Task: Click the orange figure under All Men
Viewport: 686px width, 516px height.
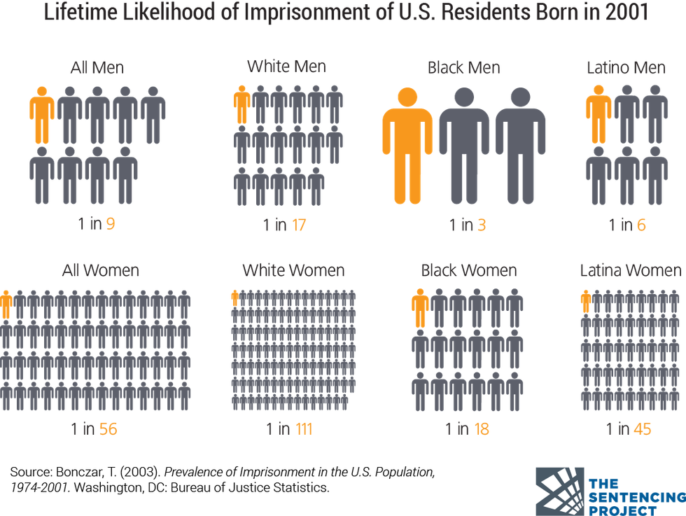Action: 42,114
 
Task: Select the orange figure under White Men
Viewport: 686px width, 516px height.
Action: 241,104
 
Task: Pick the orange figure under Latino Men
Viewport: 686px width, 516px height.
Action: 598,113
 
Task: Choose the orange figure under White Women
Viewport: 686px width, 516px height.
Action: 235,297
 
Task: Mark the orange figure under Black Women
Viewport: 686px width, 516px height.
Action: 420,309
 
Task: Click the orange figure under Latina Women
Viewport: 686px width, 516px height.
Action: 586,302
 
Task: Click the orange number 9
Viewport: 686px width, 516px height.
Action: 110,225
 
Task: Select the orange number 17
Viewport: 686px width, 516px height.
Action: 299,225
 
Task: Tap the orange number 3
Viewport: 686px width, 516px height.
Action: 482,225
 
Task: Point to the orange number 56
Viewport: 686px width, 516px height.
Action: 108,429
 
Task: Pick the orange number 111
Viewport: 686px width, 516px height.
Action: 303,429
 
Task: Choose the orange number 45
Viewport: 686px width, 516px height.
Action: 642,429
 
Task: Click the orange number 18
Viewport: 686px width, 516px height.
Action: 482,429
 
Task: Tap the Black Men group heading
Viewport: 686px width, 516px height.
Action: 464,68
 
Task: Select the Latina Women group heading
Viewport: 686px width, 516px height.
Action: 630,270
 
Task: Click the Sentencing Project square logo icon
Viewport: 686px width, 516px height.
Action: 560,491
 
